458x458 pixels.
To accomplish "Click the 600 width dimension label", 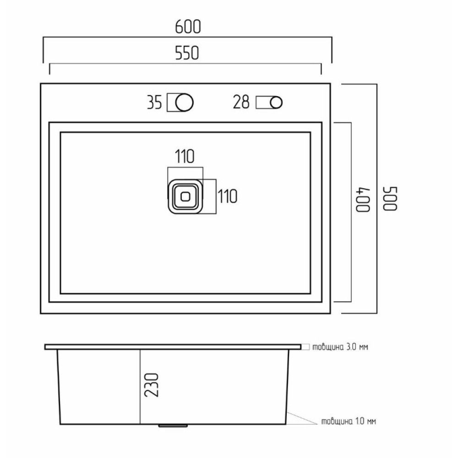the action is [x=188, y=27].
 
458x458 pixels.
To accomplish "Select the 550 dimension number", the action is [x=187, y=53].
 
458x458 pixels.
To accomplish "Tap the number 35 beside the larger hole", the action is [x=154, y=103].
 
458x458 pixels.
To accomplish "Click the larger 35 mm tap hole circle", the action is [x=184, y=103].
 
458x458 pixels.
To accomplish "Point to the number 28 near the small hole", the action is [x=241, y=102].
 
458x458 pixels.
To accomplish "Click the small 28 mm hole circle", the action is [x=276, y=103].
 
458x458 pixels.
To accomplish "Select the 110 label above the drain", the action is [x=185, y=156].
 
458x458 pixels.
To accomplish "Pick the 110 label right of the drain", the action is [x=228, y=196].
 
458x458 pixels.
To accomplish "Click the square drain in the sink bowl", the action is [x=185, y=196].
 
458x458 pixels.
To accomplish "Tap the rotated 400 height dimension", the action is [x=363, y=200].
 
